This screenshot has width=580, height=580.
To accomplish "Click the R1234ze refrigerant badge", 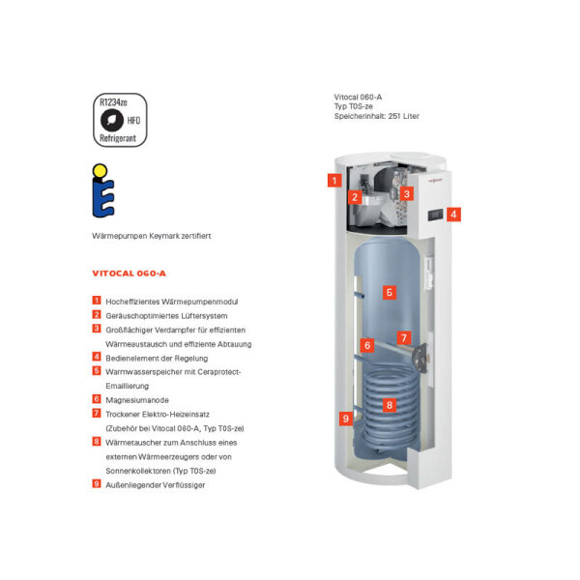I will (x=122, y=120).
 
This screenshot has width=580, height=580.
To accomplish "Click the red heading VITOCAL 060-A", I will (x=130, y=274).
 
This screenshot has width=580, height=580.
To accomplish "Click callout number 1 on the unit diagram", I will (x=333, y=180).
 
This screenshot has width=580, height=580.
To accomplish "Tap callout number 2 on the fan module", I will (x=355, y=197).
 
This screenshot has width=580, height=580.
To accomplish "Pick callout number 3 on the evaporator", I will (x=407, y=194).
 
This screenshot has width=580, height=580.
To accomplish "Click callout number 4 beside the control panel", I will (x=453, y=215).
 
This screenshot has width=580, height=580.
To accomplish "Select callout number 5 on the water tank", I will (x=389, y=291).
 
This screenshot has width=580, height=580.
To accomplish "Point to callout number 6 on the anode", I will (x=366, y=344).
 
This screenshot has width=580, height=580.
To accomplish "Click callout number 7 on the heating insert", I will (x=405, y=338).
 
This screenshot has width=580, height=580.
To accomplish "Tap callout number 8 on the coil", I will (x=389, y=405).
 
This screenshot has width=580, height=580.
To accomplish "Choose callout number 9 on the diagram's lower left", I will (x=345, y=419).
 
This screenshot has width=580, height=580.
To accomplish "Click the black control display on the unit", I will (x=436, y=213).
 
